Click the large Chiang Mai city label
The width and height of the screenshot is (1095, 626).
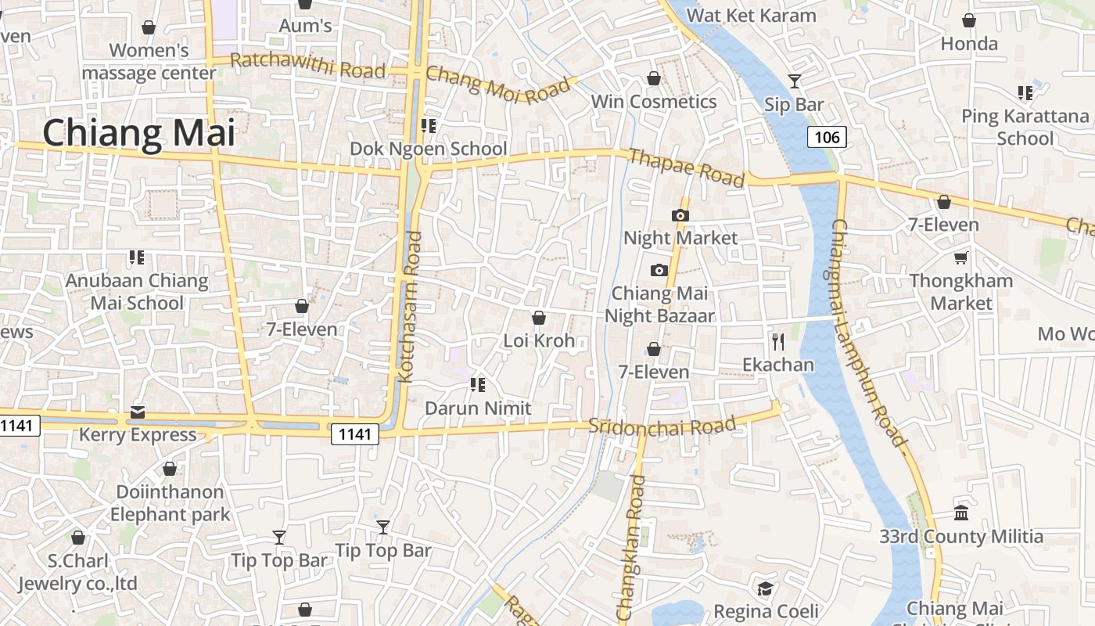[138, 132]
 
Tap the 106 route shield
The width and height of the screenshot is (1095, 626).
[826, 138]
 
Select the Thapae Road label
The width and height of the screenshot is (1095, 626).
[686, 167]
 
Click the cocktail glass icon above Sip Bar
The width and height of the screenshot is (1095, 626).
[795, 81]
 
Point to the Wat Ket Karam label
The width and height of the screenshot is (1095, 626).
[751, 15]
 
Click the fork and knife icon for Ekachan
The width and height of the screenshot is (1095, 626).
[777, 341]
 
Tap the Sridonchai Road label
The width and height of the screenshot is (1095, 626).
[662, 426]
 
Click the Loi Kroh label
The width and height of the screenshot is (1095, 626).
[539, 340]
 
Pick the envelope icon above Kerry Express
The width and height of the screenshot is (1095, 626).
[138, 412]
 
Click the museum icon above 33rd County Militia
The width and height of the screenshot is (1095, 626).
[961, 513]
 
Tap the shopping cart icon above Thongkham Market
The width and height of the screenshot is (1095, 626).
[960, 257]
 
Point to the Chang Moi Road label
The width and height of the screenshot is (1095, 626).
[498, 85]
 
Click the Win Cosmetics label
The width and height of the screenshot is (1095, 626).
[654, 102]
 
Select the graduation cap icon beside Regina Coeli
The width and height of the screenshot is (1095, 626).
[765, 588]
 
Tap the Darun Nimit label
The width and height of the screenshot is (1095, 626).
[478, 408]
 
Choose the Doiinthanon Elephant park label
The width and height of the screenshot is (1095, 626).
[170, 503]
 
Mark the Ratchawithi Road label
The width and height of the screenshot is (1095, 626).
[308, 65]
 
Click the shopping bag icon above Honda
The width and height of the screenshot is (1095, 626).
[969, 20]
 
